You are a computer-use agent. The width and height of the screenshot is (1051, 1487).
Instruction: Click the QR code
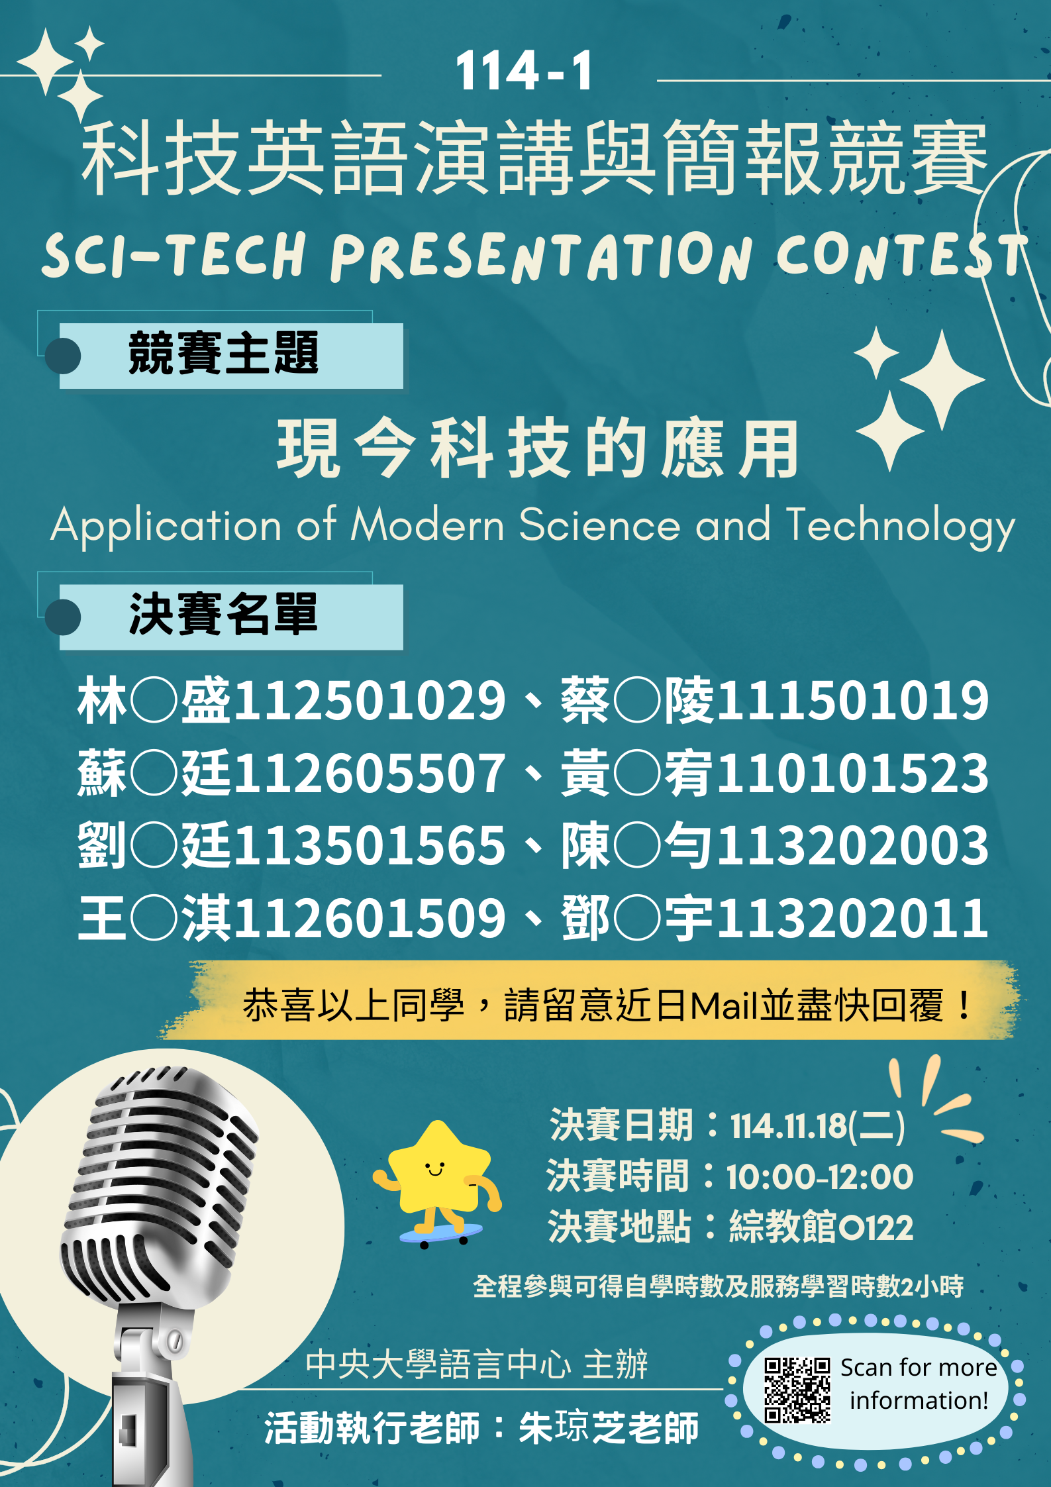(797, 1390)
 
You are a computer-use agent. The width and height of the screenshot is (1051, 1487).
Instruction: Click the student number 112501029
(370, 700)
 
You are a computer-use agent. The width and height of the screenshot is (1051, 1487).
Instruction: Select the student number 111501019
(853, 700)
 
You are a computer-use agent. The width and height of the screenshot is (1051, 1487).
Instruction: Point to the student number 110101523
(853, 773)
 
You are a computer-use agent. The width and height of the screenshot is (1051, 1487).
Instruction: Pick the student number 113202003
(853, 845)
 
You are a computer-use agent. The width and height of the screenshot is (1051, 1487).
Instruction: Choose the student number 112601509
(370, 918)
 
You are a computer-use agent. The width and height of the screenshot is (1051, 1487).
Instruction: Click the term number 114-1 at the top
(524, 71)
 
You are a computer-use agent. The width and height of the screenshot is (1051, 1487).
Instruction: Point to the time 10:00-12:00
(820, 1177)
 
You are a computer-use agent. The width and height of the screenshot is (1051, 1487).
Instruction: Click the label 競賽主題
(223, 353)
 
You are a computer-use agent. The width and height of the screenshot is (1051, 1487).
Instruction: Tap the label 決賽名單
(223, 614)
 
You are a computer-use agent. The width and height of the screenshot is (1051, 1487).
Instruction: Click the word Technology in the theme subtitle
(901, 527)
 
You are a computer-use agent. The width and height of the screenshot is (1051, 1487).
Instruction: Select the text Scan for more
(919, 1368)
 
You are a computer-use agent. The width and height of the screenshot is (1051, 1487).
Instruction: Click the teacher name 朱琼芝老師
(609, 1427)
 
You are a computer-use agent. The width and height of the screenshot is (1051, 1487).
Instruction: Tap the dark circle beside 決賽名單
(63, 617)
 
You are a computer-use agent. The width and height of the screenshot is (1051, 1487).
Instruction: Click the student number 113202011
(853, 918)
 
